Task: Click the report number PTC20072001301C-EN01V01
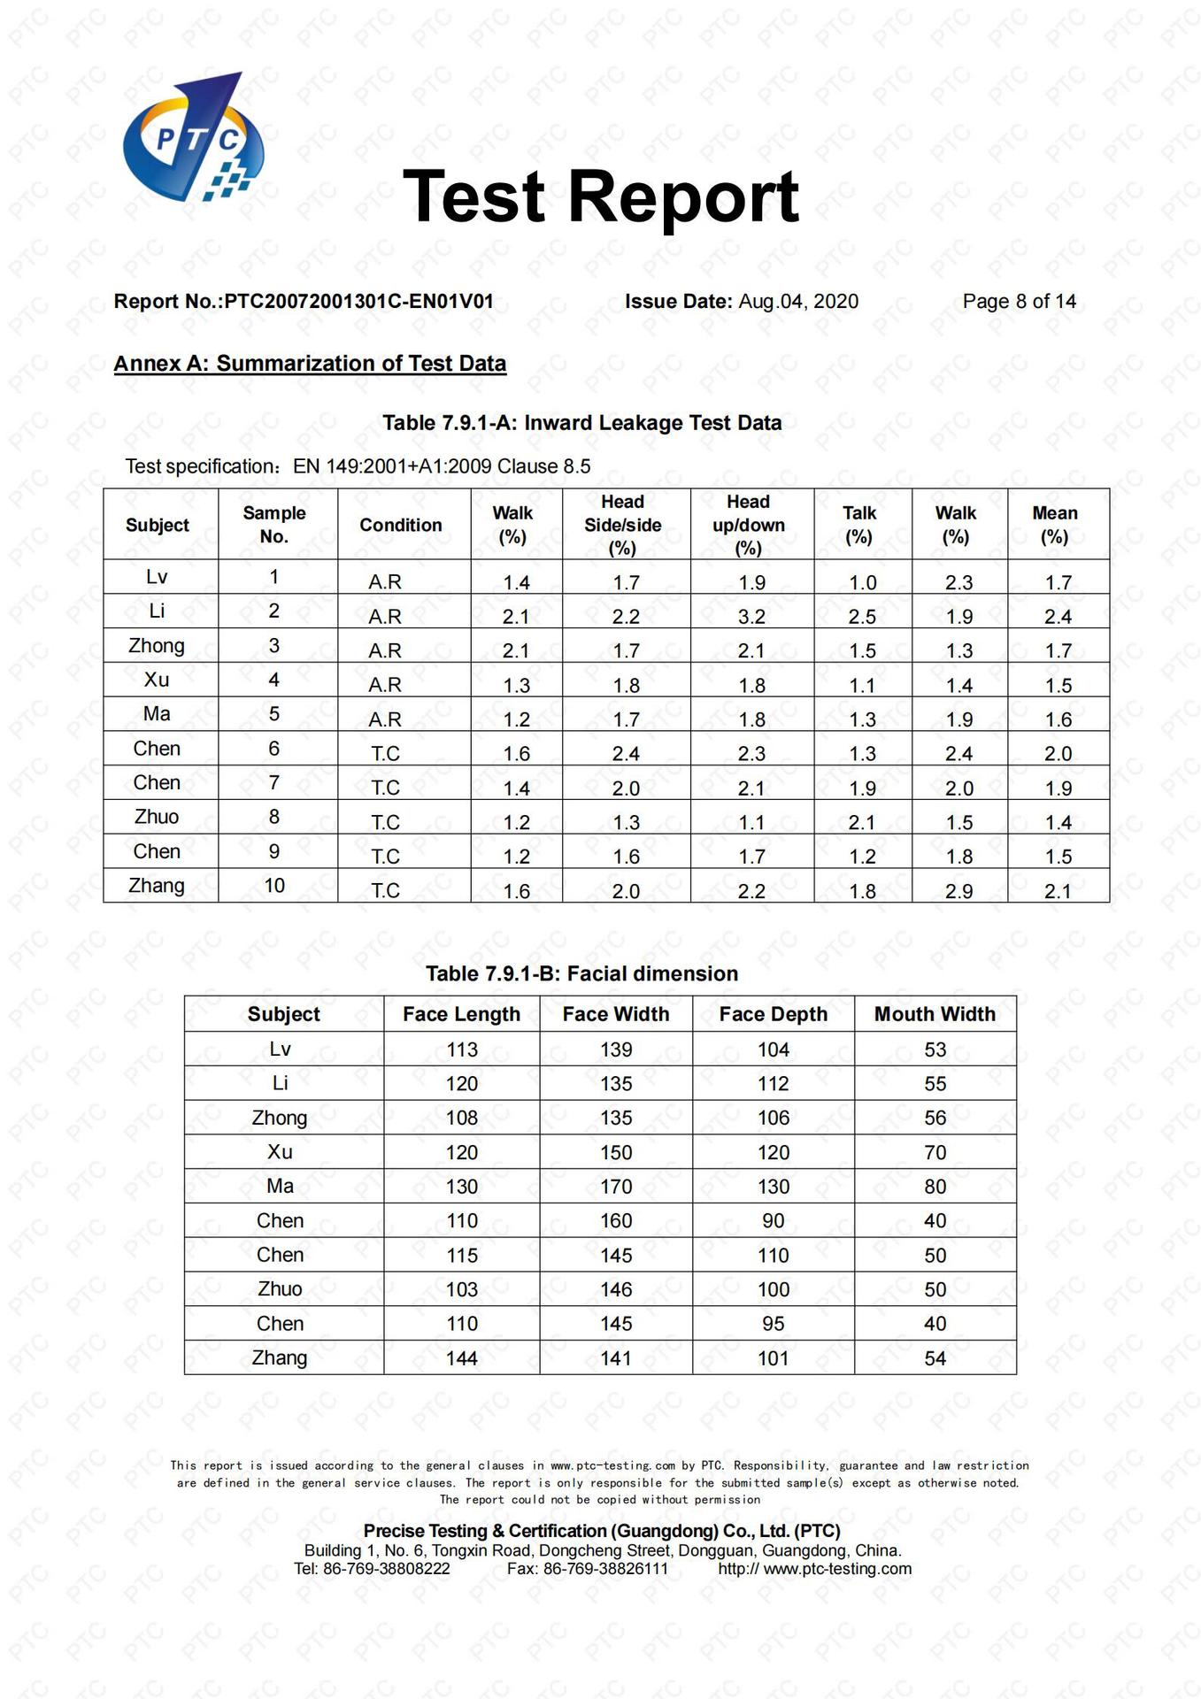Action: click(358, 302)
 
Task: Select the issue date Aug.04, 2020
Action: click(798, 302)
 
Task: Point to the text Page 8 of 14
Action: click(1019, 302)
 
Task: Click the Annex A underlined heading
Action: click(310, 364)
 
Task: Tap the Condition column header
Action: click(401, 525)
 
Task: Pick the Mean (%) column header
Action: click(1055, 525)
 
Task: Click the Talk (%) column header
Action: click(859, 525)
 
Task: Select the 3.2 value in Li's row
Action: click(751, 617)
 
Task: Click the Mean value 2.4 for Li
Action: click(1058, 617)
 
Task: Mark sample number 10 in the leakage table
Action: click(274, 886)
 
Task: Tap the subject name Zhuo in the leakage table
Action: click(157, 817)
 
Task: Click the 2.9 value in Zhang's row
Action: click(958, 891)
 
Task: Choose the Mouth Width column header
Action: click(935, 1014)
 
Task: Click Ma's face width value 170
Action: click(616, 1187)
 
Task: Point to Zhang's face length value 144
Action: click(462, 1358)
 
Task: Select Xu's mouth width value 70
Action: click(935, 1152)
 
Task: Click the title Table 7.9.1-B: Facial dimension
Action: click(581, 973)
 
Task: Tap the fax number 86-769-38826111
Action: click(605, 1569)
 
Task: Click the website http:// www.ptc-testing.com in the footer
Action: click(814, 1569)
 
